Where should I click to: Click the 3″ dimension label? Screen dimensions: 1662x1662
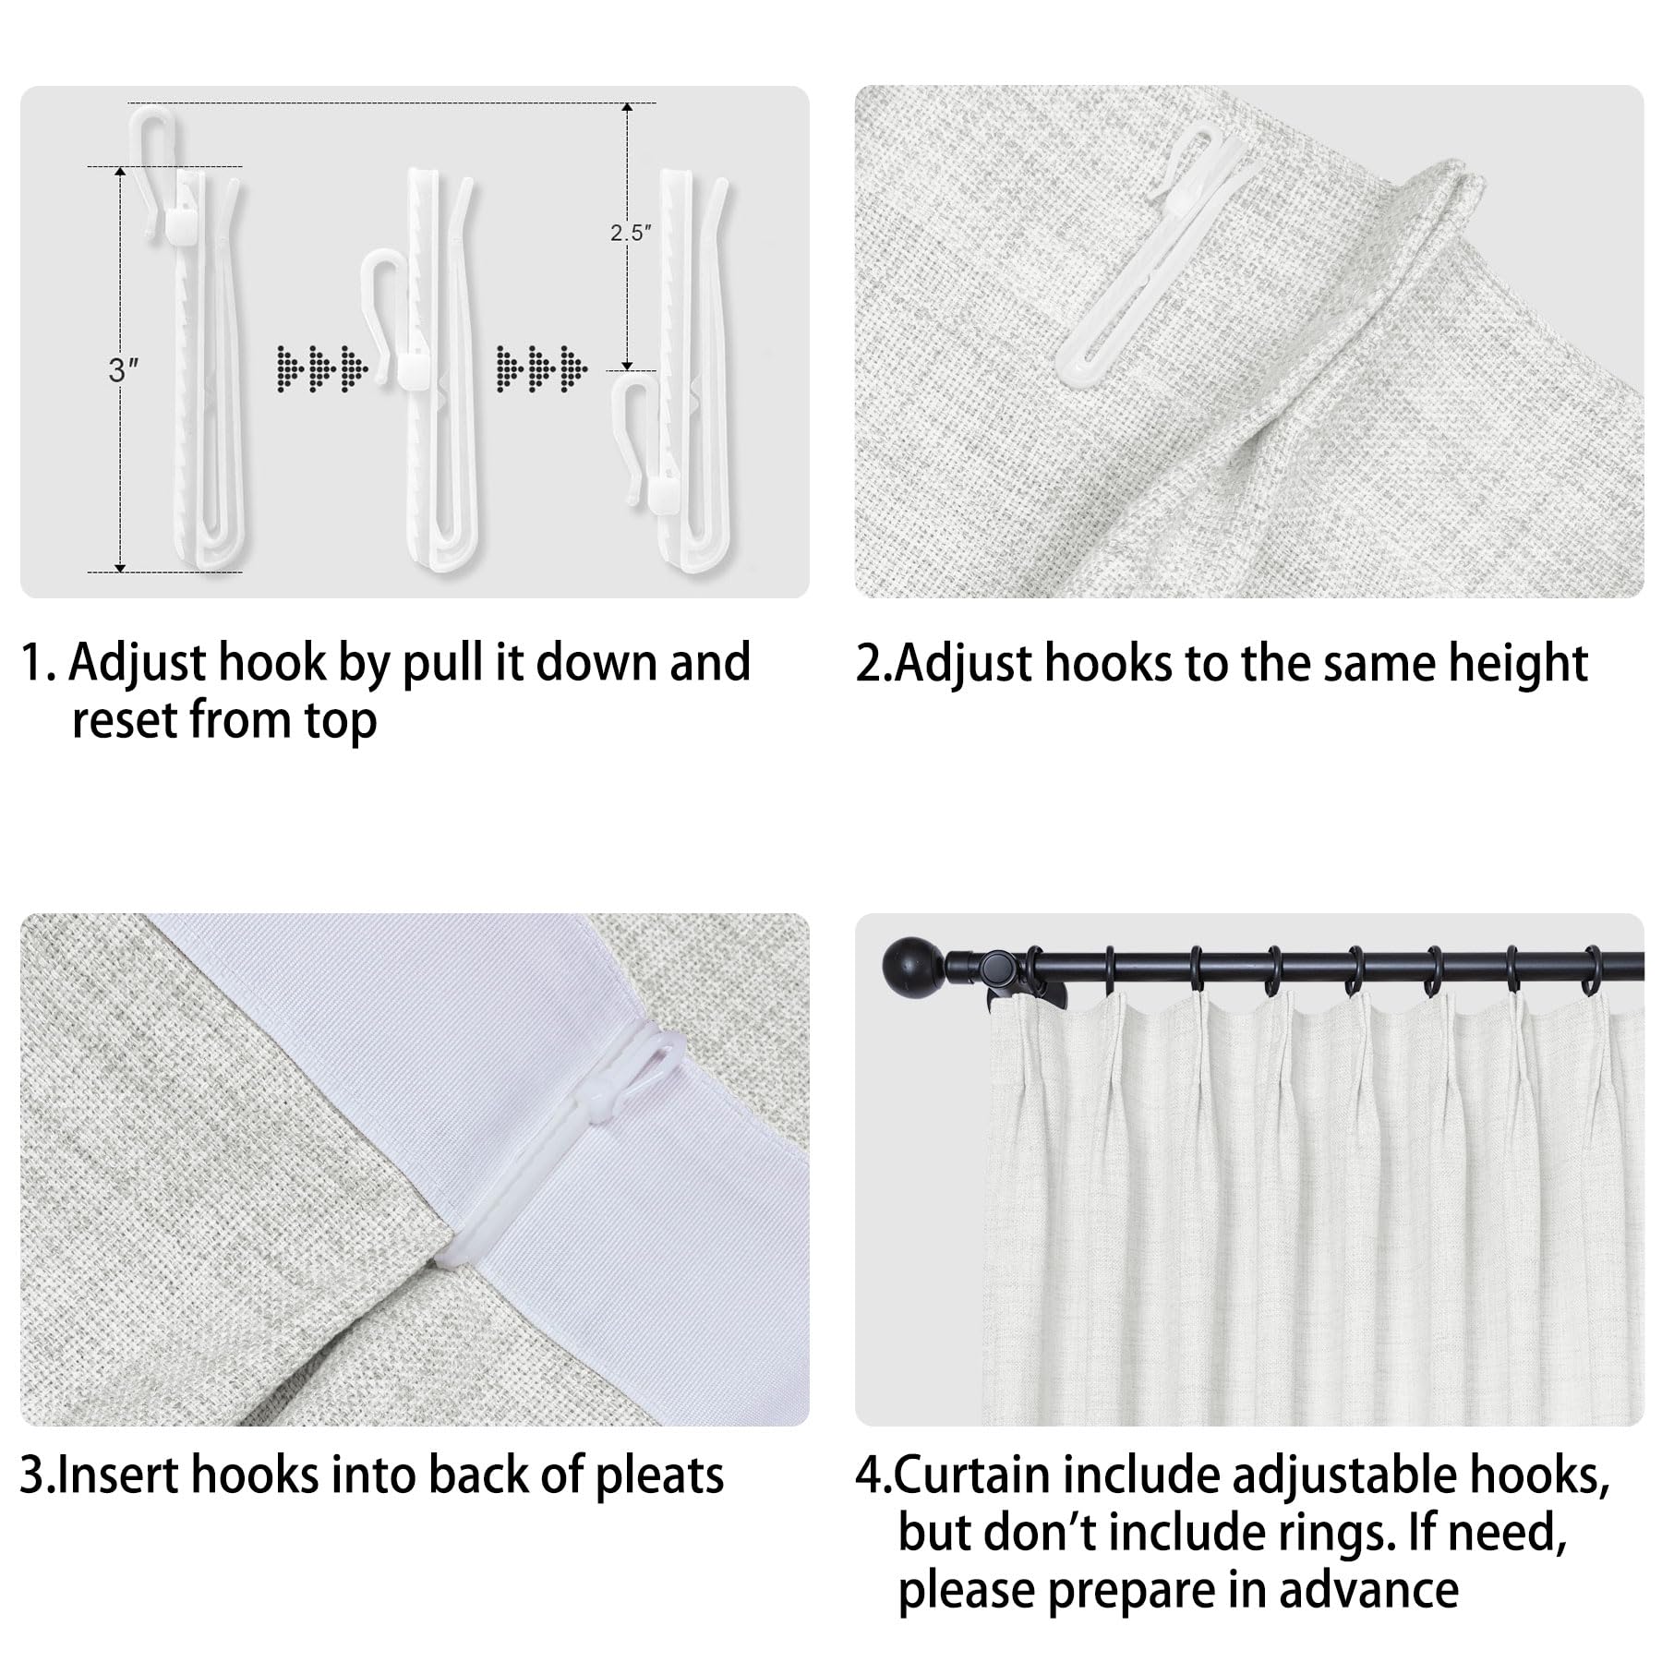(123, 370)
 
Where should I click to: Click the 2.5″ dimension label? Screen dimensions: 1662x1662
(630, 234)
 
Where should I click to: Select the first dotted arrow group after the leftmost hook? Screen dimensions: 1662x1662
(321, 367)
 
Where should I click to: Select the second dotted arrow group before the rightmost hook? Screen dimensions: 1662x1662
(541, 367)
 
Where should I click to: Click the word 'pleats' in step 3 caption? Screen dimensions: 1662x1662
(659, 1475)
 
